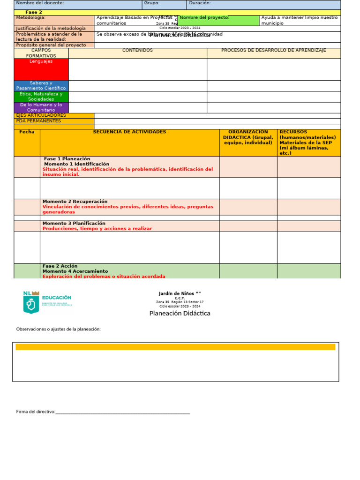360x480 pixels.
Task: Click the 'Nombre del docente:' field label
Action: click(x=40, y=3)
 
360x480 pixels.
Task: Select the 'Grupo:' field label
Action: click(x=152, y=3)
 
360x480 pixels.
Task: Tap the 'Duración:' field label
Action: click(x=200, y=3)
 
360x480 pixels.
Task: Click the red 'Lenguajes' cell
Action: click(x=41, y=69)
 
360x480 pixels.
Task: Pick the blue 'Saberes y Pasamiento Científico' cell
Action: click(x=41, y=86)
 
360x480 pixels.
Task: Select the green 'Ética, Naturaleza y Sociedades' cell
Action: click(x=41, y=97)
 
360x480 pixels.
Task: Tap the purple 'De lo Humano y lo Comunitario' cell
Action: click(x=41, y=108)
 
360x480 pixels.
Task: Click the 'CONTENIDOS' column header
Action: click(x=137, y=51)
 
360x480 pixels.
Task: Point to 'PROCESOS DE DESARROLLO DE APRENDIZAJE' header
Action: click(x=274, y=51)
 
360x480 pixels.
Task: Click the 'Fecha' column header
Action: click(x=27, y=132)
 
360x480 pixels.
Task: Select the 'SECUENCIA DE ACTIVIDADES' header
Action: click(x=129, y=132)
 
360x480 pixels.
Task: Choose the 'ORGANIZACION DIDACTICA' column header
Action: click(x=248, y=137)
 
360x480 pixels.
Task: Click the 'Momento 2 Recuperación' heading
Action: click(x=75, y=202)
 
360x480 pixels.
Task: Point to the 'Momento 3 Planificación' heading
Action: click(x=74, y=224)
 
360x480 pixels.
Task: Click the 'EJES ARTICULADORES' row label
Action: click(x=41, y=115)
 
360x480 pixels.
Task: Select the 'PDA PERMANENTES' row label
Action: click(x=38, y=121)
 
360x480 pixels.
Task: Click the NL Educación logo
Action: click(x=47, y=302)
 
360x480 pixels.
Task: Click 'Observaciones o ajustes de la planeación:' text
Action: click(x=59, y=329)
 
